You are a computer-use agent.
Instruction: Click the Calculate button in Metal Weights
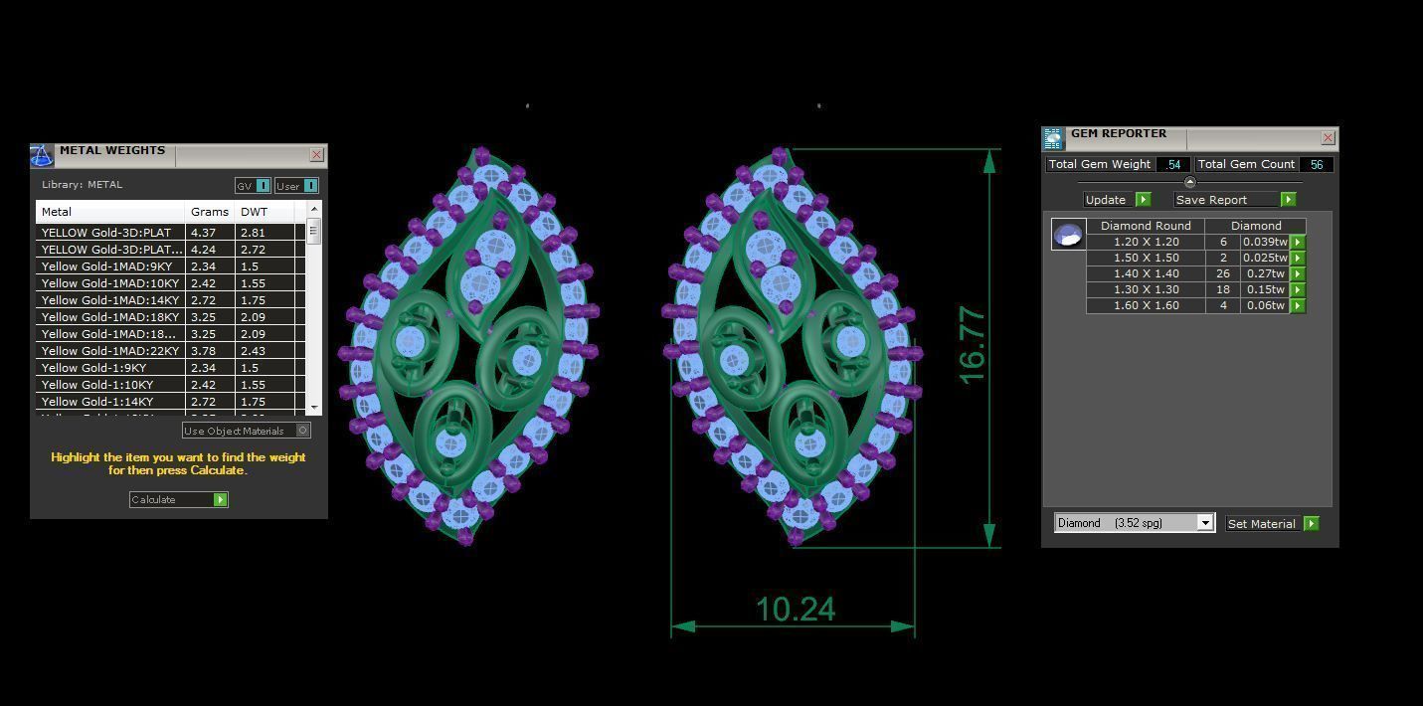click(x=179, y=500)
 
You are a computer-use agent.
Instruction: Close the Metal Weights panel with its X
click(x=316, y=155)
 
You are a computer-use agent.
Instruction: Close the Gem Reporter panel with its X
click(x=1328, y=138)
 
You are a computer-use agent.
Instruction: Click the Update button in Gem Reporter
click(x=1117, y=200)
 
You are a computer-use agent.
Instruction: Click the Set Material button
click(x=1272, y=524)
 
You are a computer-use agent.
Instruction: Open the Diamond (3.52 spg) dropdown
click(x=1205, y=523)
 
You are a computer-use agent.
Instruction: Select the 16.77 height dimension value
click(x=972, y=346)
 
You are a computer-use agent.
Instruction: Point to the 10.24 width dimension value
click(x=796, y=609)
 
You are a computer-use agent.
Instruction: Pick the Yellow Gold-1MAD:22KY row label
click(x=110, y=351)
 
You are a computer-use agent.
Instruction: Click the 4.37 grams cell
click(x=203, y=233)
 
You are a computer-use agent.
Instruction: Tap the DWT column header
click(x=255, y=212)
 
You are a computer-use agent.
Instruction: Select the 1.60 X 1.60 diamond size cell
click(x=1146, y=305)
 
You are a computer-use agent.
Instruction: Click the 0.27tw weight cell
click(x=1265, y=273)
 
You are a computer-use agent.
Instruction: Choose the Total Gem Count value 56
click(x=1316, y=165)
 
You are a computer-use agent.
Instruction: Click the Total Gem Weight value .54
click(x=1173, y=165)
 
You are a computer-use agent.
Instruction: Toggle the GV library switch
click(x=263, y=186)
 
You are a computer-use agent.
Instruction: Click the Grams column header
click(x=210, y=212)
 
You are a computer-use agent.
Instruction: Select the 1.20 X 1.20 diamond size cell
click(x=1146, y=242)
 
